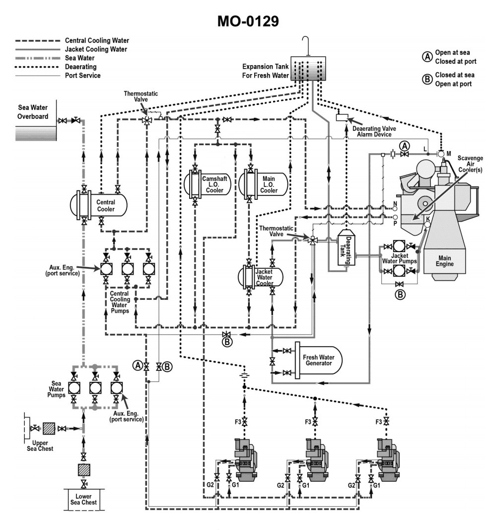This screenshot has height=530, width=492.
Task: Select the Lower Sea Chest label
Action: [x=83, y=499]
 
